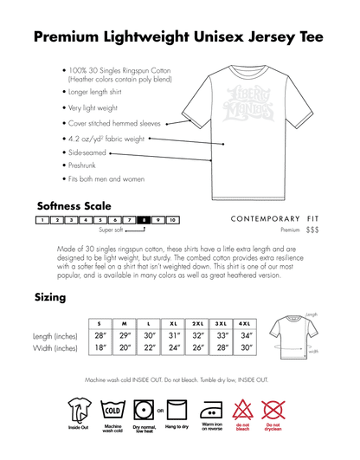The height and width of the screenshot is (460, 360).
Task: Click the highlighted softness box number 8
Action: [x=145, y=221]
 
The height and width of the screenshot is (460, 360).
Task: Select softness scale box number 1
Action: [x=42, y=221]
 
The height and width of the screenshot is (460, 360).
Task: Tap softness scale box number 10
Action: [x=173, y=221]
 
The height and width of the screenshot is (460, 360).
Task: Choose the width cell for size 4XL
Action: [x=248, y=348]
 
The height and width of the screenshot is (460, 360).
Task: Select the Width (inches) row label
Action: [x=55, y=348]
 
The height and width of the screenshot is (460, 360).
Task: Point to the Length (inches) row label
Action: [x=54, y=335]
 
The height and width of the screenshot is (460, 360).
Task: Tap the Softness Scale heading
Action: [x=74, y=206]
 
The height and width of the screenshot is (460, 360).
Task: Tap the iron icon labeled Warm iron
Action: [x=211, y=406]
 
